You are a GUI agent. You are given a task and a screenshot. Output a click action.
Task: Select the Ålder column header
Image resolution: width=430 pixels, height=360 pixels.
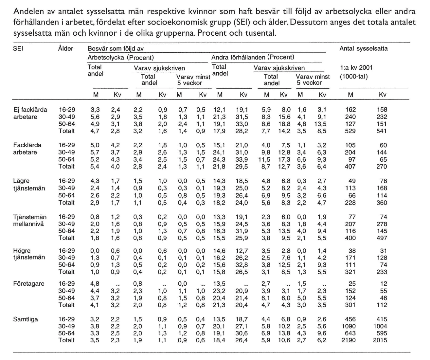point(65,48)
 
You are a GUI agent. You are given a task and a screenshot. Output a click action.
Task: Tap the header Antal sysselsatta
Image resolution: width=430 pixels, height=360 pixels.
point(363,48)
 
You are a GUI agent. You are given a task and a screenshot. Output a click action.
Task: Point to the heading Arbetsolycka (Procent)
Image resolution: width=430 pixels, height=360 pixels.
point(121,57)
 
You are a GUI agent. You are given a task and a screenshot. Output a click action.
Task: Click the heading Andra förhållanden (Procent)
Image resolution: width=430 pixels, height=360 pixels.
point(253,57)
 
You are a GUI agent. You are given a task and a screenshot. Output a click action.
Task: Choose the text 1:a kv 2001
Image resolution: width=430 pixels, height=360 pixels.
point(356,68)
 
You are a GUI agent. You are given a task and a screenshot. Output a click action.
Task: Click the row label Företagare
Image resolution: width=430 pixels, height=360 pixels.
point(29,284)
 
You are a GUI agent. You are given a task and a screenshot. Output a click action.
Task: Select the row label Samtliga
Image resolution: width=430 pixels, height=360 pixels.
point(26,319)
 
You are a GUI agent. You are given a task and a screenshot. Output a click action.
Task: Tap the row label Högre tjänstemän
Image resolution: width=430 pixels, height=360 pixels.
point(29,254)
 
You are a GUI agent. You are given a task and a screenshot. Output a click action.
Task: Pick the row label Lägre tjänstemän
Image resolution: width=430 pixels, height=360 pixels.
point(29,185)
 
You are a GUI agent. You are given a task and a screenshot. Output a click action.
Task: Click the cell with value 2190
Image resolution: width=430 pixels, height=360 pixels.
point(350,340)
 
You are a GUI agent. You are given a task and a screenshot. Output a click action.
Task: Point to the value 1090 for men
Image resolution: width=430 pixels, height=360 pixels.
point(350,326)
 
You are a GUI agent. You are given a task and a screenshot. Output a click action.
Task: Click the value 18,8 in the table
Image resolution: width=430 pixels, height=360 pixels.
point(284,124)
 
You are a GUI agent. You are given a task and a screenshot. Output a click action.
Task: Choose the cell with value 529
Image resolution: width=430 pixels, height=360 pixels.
point(351,131)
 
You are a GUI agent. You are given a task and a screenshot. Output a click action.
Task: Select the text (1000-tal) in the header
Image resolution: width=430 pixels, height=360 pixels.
point(353,77)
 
